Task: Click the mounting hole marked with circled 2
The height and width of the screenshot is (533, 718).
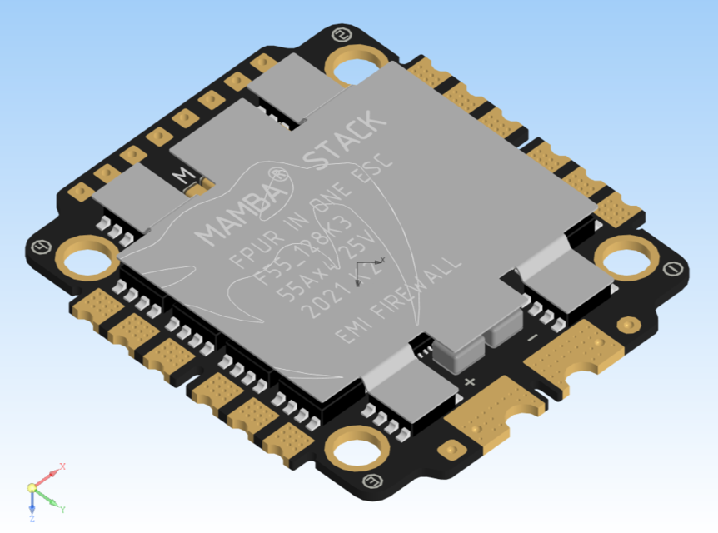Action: (x=357, y=64)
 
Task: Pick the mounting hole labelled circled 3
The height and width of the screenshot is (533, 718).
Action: (x=358, y=451)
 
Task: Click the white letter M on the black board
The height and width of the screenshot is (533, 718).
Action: (x=182, y=176)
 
